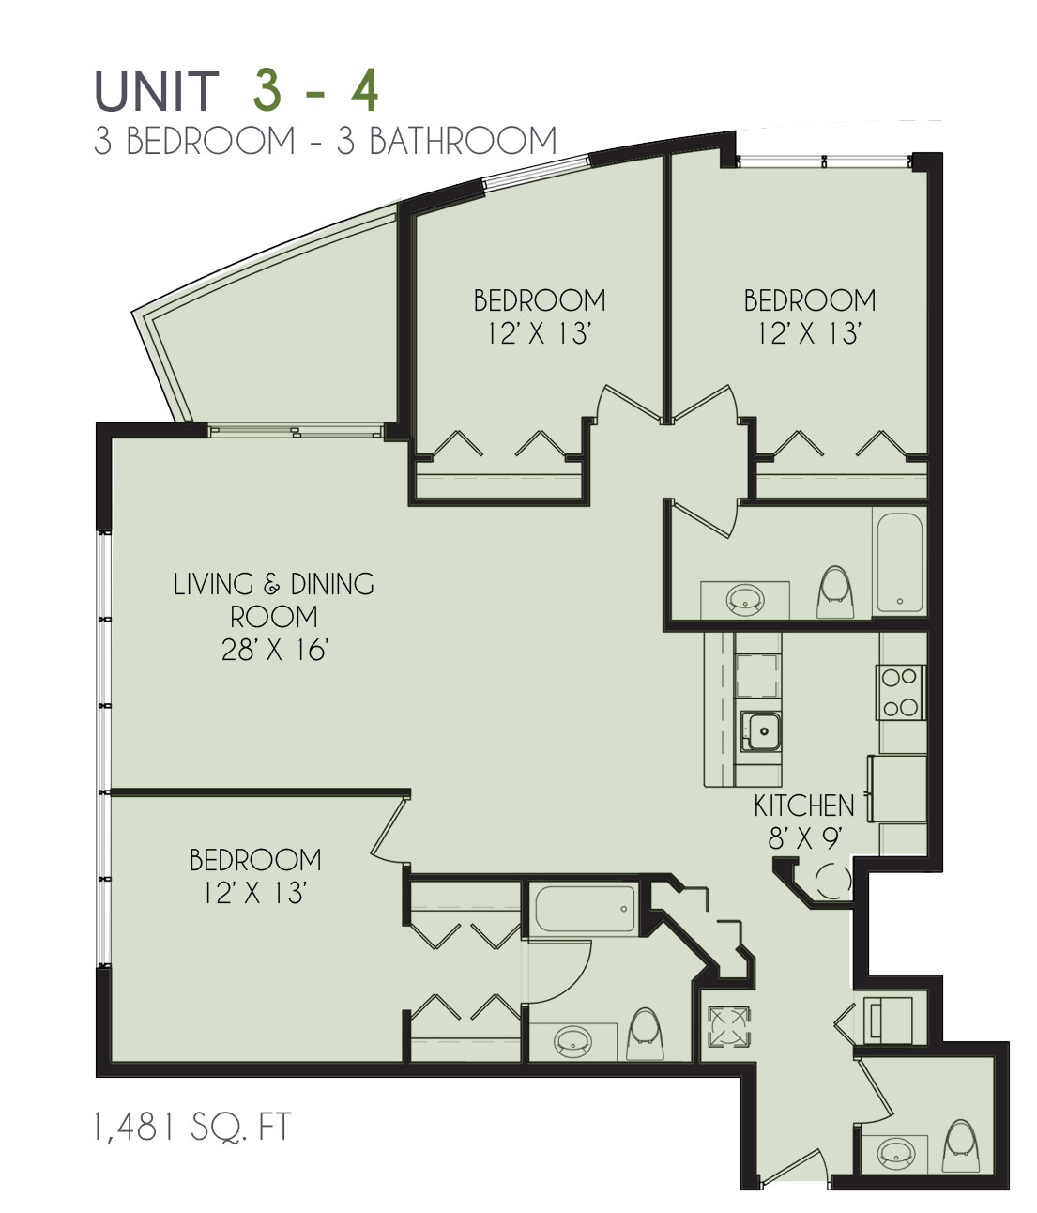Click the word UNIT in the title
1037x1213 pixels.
(x=156, y=91)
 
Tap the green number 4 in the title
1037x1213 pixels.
(x=364, y=91)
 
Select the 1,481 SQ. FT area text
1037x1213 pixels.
(x=191, y=1127)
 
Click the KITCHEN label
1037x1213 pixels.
(x=803, y=806)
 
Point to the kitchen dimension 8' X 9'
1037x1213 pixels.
(x=805, y=838)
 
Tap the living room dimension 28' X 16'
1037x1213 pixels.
(x=274, y=650)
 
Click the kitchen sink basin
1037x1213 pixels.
(x=760, y=731)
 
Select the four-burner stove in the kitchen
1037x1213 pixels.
(x=900, y=693)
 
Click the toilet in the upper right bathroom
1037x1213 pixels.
(x=834, y=591)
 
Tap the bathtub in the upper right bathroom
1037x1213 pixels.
(x=900, y=562)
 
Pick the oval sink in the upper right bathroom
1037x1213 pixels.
(x=745, y=599)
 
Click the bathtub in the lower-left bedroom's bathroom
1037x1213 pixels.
(x=585, y=909)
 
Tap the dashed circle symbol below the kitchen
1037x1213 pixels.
(x=832, y=881)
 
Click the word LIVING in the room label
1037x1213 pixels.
(x=214, y=584)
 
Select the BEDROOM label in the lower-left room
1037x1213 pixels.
(x=255, y=860)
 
